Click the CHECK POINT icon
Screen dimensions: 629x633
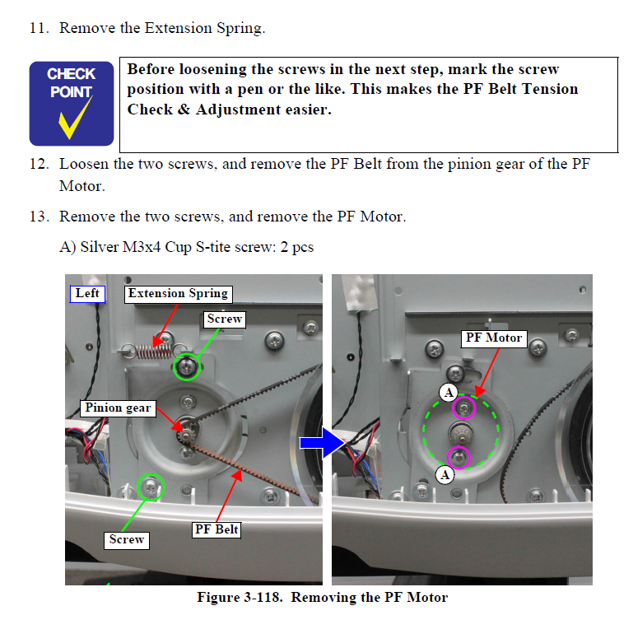71,103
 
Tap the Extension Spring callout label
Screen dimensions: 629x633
178,294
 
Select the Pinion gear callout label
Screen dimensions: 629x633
118,408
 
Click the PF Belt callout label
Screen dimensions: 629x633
216,529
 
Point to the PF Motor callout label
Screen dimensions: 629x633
494,338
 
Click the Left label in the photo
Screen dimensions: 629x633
87,293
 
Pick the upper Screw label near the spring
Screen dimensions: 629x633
224,319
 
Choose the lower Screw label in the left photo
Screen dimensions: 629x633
127,539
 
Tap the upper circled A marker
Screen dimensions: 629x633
449,393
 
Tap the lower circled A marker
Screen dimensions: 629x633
445,473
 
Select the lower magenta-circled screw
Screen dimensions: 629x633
458,458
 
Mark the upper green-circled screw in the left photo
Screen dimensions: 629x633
188,366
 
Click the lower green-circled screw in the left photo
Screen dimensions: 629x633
151,487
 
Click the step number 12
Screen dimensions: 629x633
39,164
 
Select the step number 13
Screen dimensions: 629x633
39,217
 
